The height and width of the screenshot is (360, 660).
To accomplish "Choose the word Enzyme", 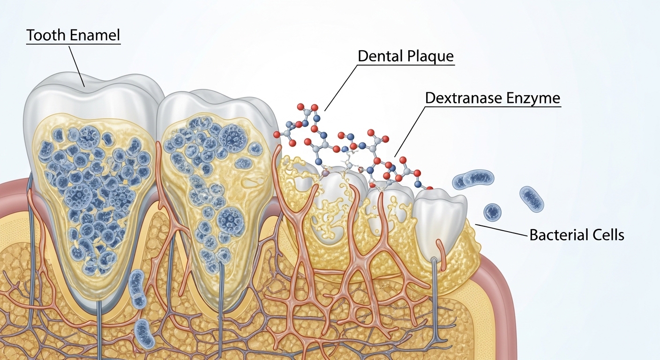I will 538,98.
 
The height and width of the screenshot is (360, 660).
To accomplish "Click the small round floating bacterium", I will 492,212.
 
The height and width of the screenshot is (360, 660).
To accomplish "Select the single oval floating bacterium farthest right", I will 532,198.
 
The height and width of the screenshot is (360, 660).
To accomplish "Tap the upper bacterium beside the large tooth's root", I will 137,288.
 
